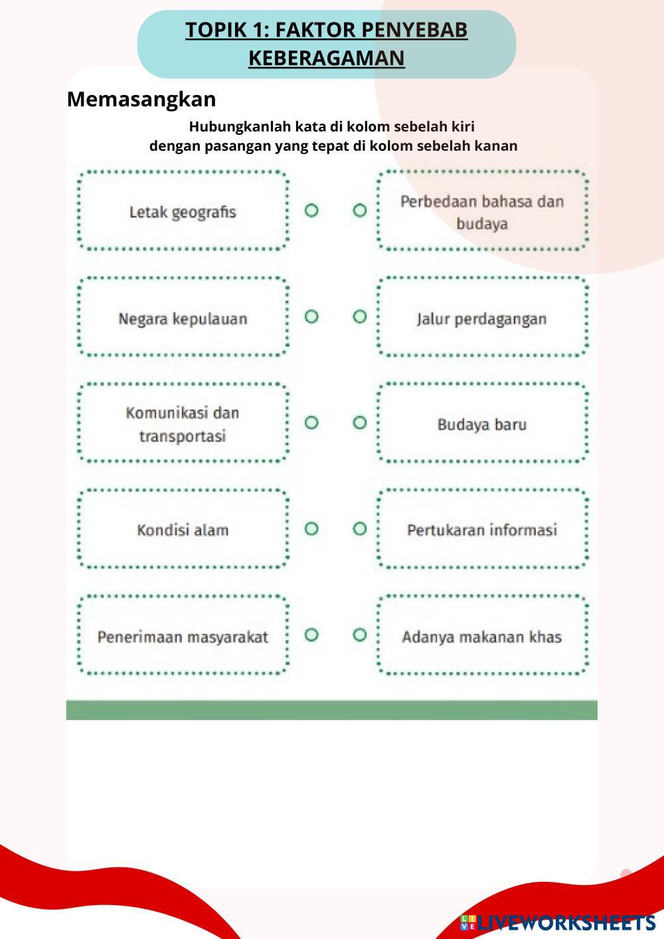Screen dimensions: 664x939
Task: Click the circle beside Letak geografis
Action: tap(311, 211)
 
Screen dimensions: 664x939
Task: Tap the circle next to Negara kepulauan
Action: tap(311, 317)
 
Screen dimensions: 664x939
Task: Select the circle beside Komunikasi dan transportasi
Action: tap(311, 422)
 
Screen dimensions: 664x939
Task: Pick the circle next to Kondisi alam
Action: tap(311, 529)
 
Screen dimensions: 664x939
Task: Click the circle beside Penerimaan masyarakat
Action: tap(311, 635)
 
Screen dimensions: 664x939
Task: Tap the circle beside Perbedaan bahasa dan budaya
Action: tap(359, 211)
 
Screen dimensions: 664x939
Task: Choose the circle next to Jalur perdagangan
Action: tap(359, 317)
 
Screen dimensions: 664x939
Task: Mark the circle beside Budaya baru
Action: tap(359, 422)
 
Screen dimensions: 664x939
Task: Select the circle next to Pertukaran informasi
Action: tap(359, 529)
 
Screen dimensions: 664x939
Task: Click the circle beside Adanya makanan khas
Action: tap(359, 635)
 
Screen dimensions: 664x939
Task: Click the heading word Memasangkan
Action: tap(141, 99)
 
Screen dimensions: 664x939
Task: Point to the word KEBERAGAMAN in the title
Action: tap(326, 58)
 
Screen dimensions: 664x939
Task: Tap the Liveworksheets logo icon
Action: tap(468, 922)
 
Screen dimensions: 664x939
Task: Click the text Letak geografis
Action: tap(183, 213)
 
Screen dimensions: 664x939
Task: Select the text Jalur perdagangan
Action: tap(481, 319)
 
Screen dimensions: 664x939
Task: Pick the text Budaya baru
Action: tap(481, 424)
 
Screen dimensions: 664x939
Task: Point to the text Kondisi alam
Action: tap(183, 530)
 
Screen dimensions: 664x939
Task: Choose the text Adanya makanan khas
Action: tap(481, 637)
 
